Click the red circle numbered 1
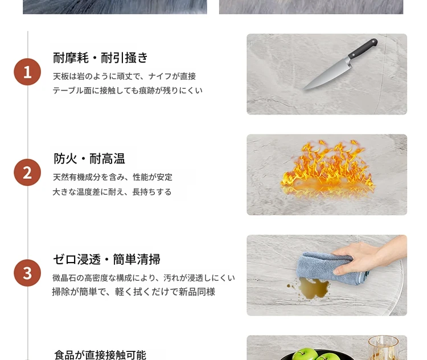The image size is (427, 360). (27, 72)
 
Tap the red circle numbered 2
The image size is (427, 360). (27, 172)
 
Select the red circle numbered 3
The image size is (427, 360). (27, 273)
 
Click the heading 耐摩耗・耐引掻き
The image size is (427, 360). (100, 58)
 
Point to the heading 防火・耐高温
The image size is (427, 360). (89, 158)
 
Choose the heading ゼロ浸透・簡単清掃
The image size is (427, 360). (106, 259)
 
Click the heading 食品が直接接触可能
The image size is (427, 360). (100, 355)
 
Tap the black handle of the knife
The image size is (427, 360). (363, 48)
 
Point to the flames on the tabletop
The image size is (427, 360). (327, 169)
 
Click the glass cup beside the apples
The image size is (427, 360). (383, 347)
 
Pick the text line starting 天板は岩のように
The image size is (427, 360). (124, 76)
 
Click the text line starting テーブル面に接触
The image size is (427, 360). (128, 91)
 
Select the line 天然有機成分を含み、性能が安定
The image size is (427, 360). (113, 177)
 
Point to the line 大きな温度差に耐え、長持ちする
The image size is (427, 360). (112, 192)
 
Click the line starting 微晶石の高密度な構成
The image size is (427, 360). (143, 278)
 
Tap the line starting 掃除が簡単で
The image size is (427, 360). (134, 292)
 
